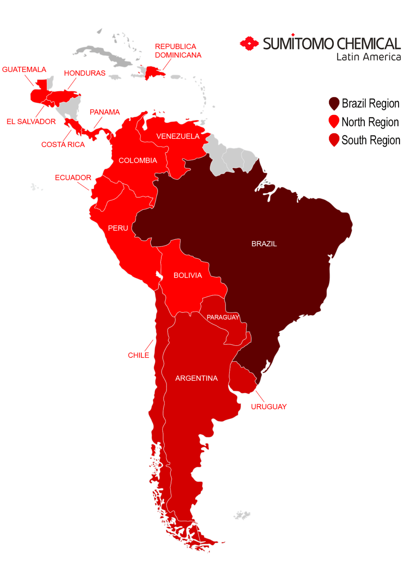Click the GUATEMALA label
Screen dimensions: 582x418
(x=24, y=70)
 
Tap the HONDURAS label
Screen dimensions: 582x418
(x=85, y=73)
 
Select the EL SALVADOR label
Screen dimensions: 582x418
(x=31, y=122)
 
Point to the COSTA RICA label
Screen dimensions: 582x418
(x=63, y=145)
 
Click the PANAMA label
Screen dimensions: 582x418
(x=104, y=112)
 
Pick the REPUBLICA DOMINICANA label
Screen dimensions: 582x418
(x=178, y=51)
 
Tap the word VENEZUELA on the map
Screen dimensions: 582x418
(x=178, y=136)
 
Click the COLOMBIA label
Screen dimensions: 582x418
(x=138, y=161)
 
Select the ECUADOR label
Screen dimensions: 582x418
(x=73, y=178)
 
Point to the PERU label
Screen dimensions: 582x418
(x=118, y=228)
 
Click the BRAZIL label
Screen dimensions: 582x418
(x=264, y=244)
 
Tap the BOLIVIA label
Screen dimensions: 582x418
(x=187, y=275)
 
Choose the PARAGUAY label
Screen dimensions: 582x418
(x=223, y=318)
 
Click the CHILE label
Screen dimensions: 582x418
(x=138, y=355)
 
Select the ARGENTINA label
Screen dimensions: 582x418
(x=196, y=379)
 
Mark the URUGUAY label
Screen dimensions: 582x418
(x=268, y=407)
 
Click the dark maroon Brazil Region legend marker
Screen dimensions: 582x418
(x=334, y=103)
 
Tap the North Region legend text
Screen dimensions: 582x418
(x=370, y=122)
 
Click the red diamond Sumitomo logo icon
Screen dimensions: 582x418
(x=249, y=44)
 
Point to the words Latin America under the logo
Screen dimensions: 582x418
(x=368, y=57)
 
